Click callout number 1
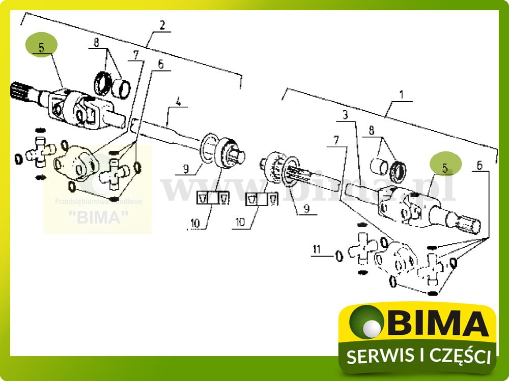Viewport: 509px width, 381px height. point(401,94)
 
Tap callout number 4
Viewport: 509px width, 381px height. point(178,101)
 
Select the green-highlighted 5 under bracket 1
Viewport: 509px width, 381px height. point(445,166)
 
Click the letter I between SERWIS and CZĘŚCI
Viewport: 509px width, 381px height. point(417,356)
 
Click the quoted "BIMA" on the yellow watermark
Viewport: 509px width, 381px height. point(97,217)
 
